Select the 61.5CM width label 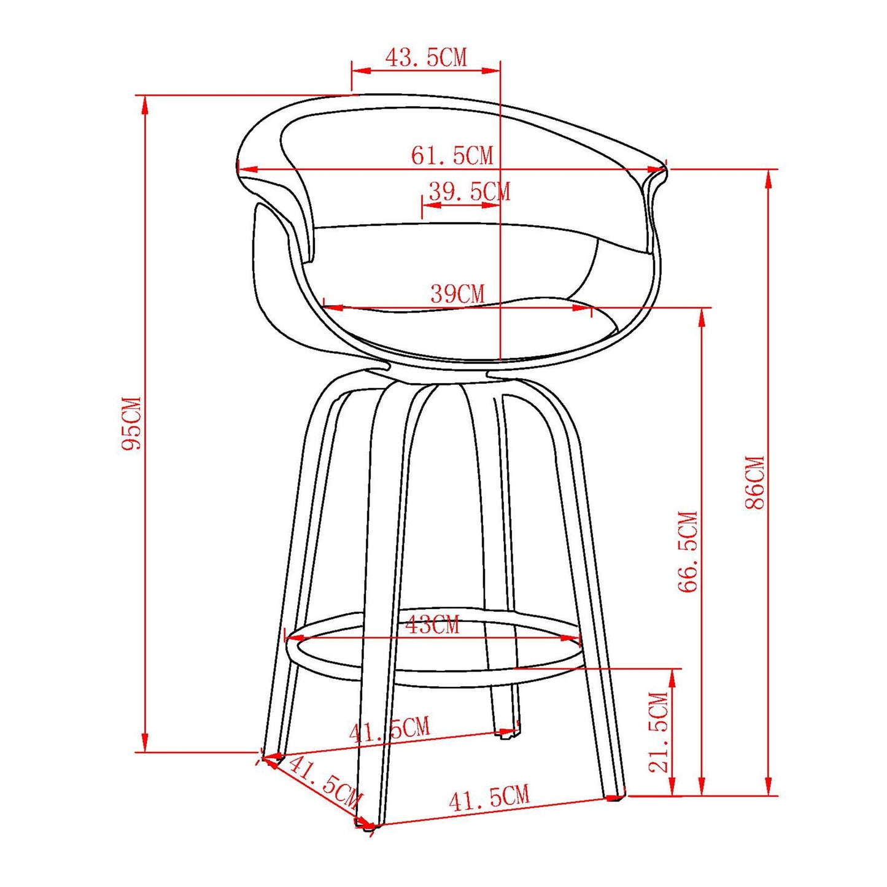452,155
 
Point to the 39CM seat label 457,294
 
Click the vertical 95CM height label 131,423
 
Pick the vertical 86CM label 755,482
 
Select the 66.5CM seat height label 688,551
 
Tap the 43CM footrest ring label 432,626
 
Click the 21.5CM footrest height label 658,732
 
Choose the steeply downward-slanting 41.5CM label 323,782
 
